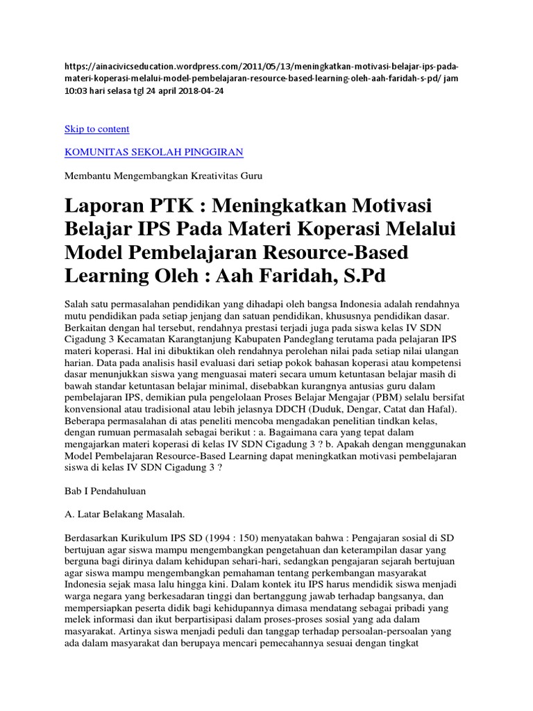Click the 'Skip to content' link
tap(96, 129)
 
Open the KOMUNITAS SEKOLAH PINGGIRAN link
tap(153, 151)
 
